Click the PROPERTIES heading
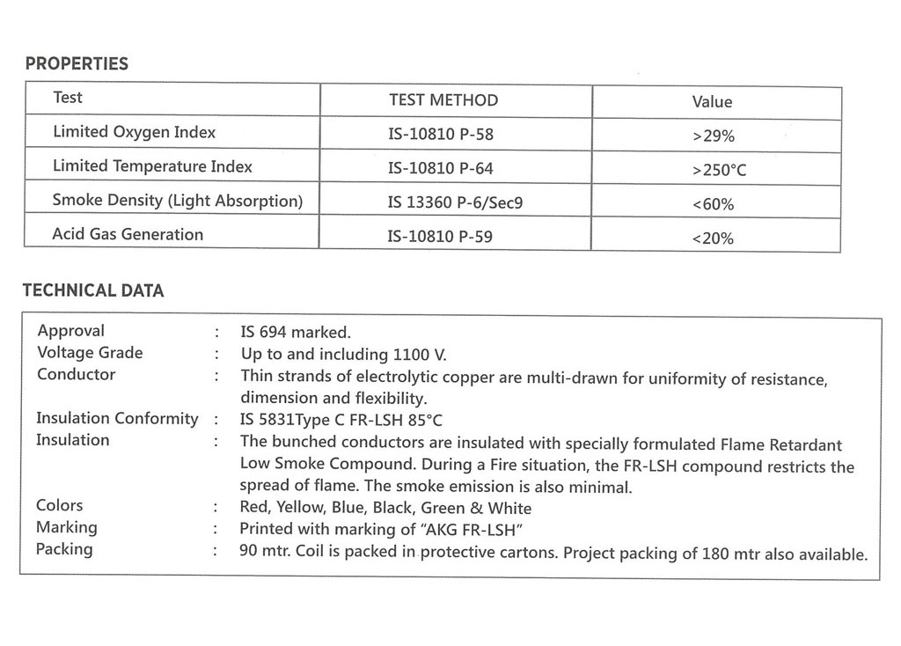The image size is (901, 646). click(x=77, y=63)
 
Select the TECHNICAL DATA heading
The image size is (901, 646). click(x=93, y=290)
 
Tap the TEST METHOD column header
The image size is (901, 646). click(x=443, y=100)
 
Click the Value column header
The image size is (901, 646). click(x=712, y=102)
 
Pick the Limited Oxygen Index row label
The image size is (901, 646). click(x=135, y=132)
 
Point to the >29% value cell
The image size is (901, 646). click(x=713, y=136)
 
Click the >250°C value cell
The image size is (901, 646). click(x=718, y=170)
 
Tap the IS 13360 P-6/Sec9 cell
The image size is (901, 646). click(x=455, y=202)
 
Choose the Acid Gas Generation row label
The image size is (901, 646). click(x=128, y=234)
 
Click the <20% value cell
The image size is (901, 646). click(x=713, y=239)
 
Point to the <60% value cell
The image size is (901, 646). click(x=713, y=205)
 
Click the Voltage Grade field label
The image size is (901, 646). click(x=90, y=352)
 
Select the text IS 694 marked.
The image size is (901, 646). click(x=296, y=332)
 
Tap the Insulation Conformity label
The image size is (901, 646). click(x=117, y=418)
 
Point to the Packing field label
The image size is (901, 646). click(x=64, y=549)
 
